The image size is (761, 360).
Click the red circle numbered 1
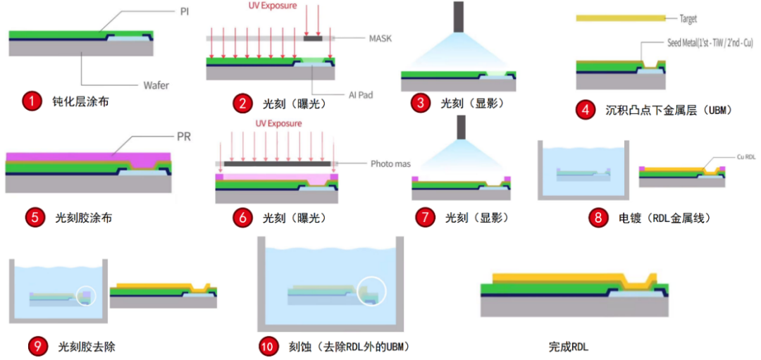coord(31,101)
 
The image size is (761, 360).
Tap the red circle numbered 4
coord(585,110)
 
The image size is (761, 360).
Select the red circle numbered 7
coord(425,218)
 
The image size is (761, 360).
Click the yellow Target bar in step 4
coord(621,18)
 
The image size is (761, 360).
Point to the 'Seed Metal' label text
coord(709,44)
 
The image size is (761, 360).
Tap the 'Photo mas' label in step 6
coord(390,164)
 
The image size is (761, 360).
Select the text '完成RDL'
coord(568,347)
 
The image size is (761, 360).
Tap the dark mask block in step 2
coord(313,38)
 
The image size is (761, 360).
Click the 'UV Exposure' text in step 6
coord(278,124)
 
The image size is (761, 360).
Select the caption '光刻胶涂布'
coord(83,218)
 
